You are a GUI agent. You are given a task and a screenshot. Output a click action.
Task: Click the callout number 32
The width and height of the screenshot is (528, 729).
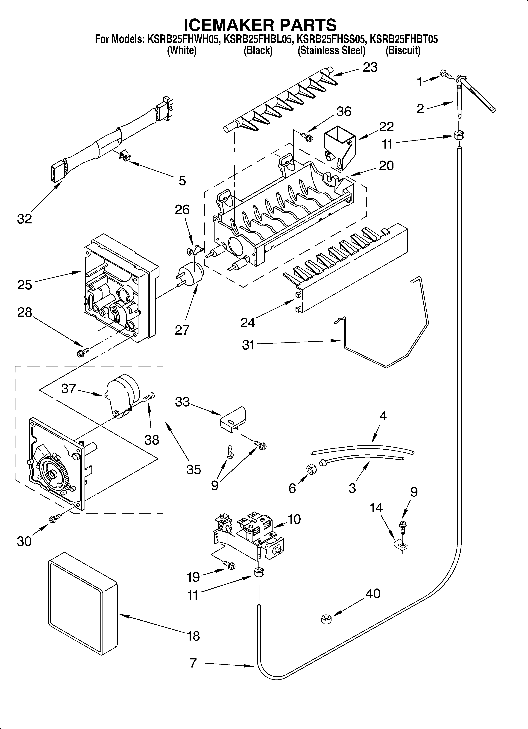[24, 219]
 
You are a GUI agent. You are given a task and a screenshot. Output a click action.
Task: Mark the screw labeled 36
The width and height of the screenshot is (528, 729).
[306, 137]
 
